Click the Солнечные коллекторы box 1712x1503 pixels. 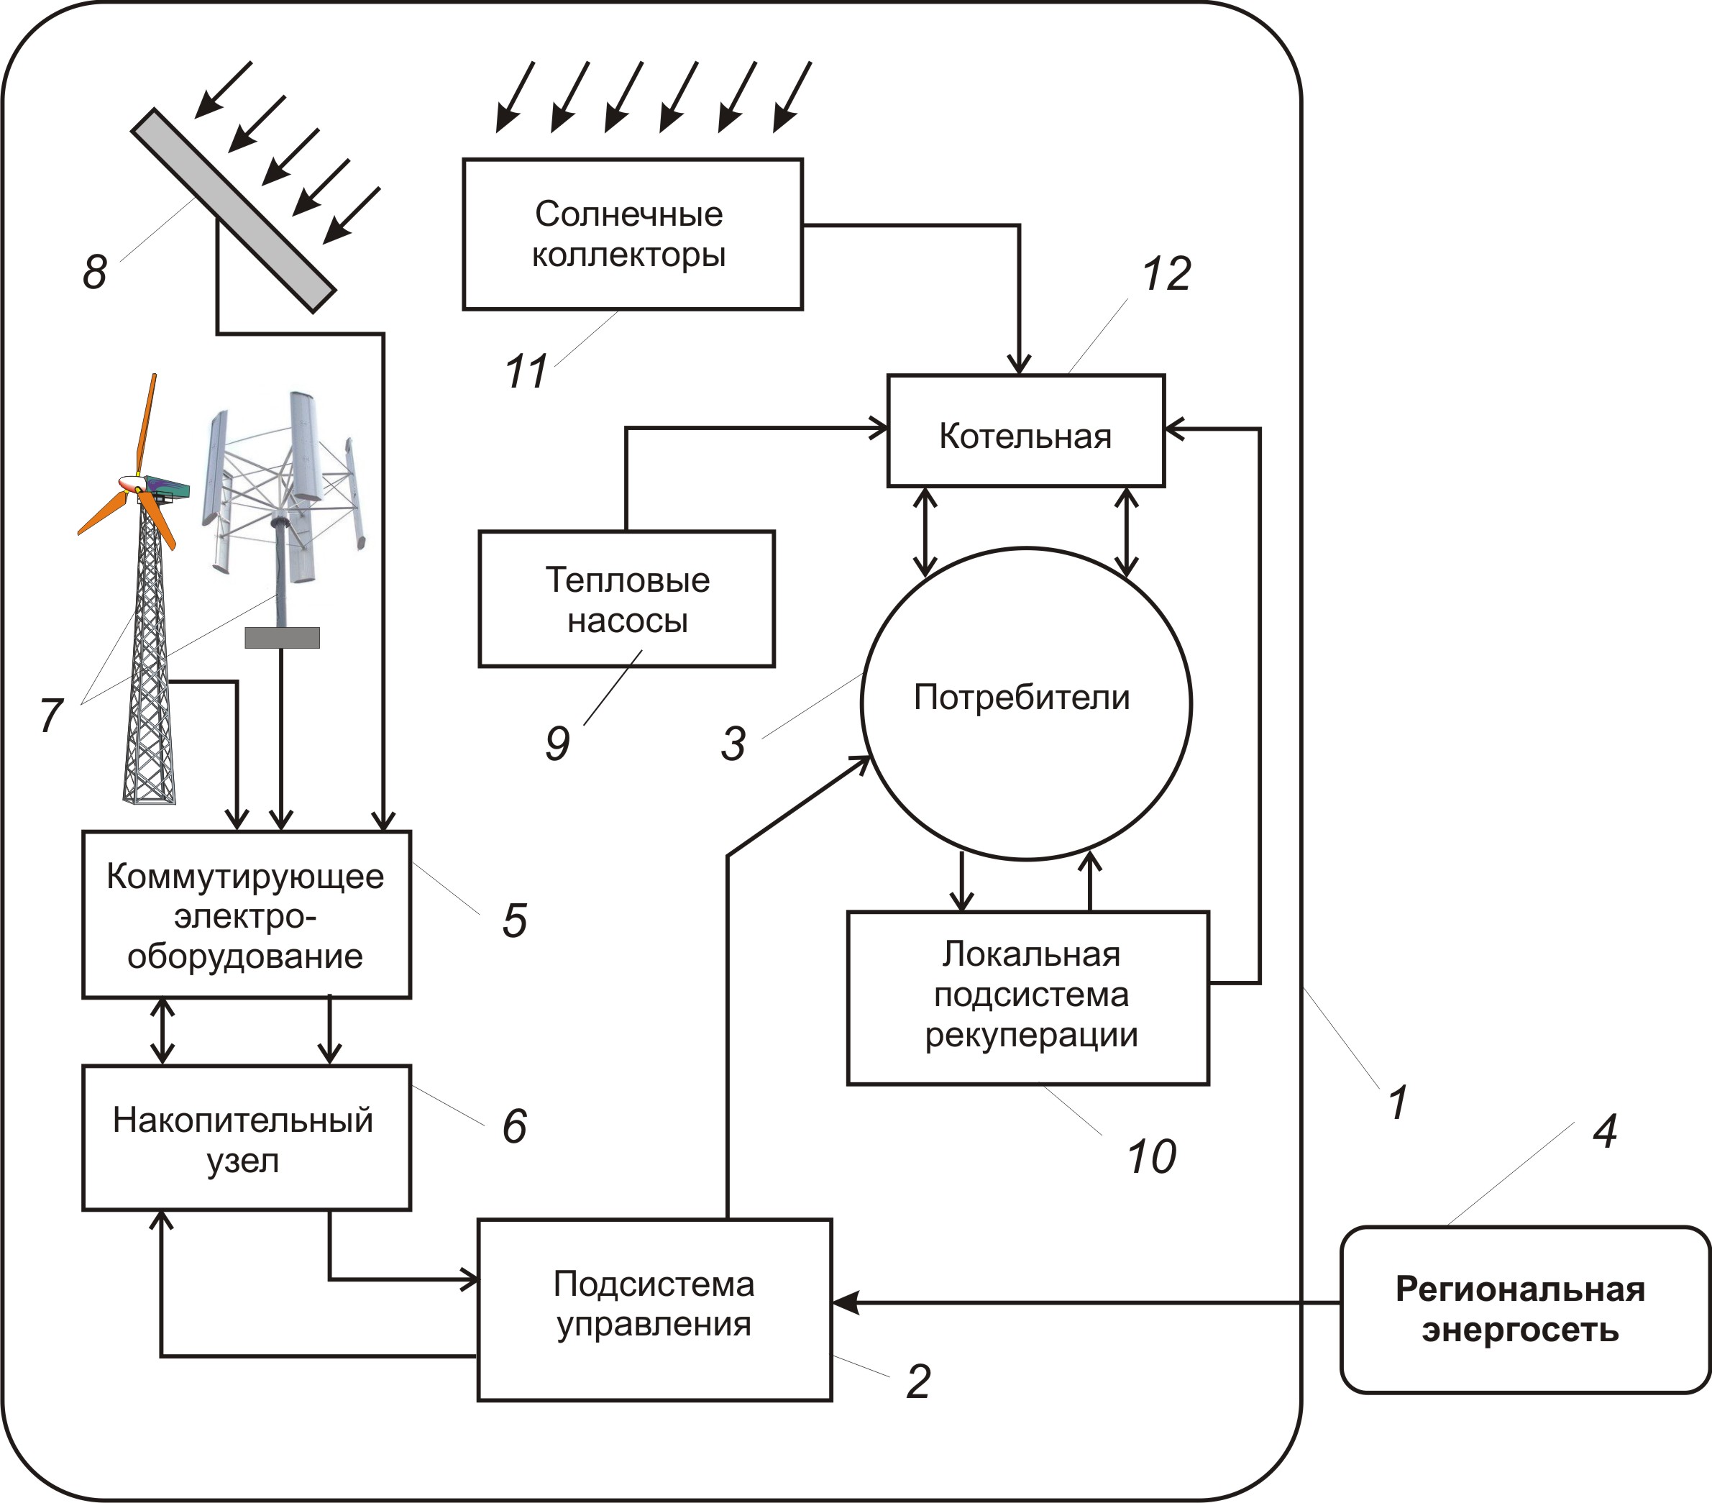point(632,234)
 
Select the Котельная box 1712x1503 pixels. point(1025,431)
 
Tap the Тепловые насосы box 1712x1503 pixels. point(626,599)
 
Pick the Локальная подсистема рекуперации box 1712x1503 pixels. point(1027,997)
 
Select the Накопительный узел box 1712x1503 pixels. point(246,1138)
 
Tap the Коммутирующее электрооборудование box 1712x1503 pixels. point(246,914)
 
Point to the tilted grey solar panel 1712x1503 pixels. point(233,210)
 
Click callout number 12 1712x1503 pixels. point(1166,274)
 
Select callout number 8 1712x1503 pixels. point(95,271)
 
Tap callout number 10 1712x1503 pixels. point(1151,1157)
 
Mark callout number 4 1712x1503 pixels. point(1604,1131)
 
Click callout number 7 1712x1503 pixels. point(51,716)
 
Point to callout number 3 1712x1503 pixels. point(733,743)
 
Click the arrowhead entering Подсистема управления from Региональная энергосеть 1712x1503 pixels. point(844,1303)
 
